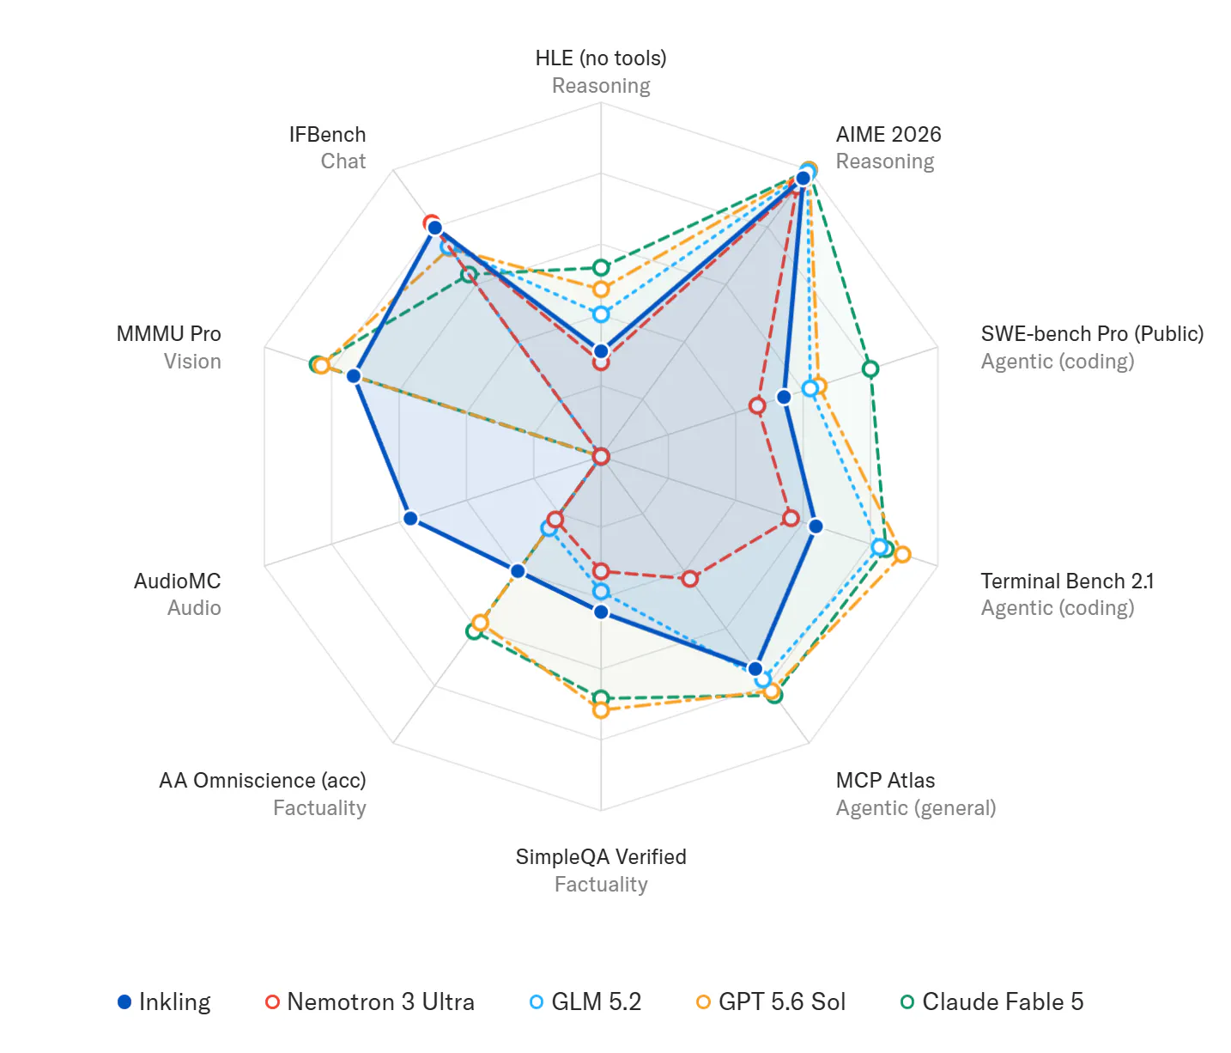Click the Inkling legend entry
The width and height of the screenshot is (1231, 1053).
click(x=164, y=1001)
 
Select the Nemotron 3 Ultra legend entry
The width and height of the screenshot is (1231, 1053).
click(x=370, y=1001)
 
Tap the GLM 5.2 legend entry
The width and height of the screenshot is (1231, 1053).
click(x=585, y=1001)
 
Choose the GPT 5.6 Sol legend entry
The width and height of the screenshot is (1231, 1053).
click(x=771, y=1001)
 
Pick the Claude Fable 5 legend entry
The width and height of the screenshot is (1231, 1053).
click(x=991, y=1001)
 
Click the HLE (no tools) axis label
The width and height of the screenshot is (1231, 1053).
click(x=601, y=58)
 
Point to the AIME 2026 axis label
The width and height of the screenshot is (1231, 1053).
click(x=888, y=134)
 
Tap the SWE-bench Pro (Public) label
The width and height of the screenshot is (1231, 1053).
click(x=1092, y=334)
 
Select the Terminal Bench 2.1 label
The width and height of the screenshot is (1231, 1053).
click(x=1067, y=581)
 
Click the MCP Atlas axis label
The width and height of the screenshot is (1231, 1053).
click(x=885, y=780)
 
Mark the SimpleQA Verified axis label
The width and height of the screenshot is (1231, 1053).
click(x=601, y=856)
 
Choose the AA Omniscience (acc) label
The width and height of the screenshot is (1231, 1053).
click(x=263, y=780)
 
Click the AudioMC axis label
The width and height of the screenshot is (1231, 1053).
click(x=178, y=581)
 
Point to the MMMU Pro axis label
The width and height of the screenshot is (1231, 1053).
click(x=169, y=334)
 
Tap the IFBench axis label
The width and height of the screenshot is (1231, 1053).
click(x=328, y=134)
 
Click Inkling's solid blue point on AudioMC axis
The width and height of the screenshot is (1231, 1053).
click(x=410, y=519)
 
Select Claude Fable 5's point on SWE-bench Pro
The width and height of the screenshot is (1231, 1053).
click(x=870, y=368)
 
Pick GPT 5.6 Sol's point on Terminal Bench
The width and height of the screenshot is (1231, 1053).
click(x=903, y=554)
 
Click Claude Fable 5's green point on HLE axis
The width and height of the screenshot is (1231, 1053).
click(x=601, y=267)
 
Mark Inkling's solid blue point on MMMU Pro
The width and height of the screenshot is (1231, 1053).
click(x=354, y=376)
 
